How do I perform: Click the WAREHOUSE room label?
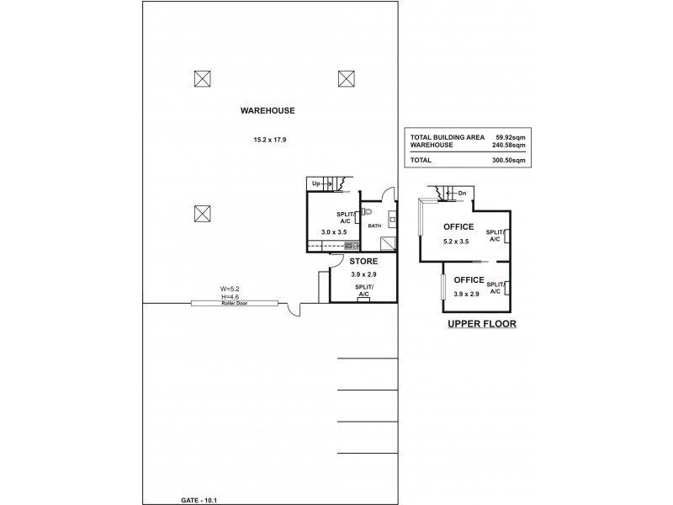pos(268,110)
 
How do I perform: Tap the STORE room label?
pos(363,260)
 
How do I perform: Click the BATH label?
pos(374,226)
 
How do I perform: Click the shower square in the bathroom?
pos(389,244)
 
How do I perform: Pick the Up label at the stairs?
pos(317,183)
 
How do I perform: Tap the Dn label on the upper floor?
pos(462,194)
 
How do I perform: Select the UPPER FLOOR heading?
pos(481,323)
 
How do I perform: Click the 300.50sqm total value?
pos(510,159)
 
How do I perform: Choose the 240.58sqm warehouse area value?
pos(510,145)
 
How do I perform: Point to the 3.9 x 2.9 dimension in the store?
pos(363,274)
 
